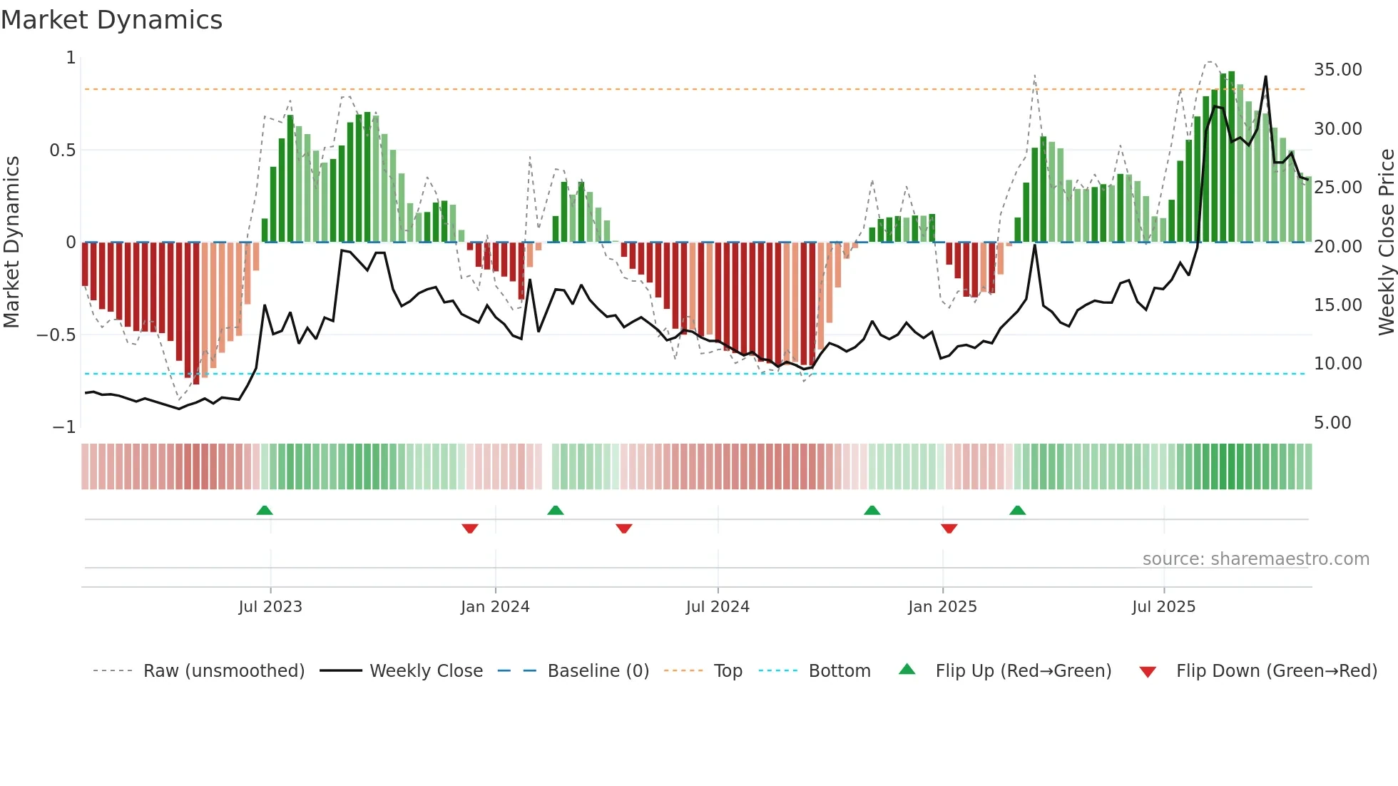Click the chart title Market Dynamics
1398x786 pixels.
coord(112,20)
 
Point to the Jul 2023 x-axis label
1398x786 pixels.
coord(270,607)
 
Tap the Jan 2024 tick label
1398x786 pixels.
coord(495,607)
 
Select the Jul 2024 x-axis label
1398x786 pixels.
coord(718,607)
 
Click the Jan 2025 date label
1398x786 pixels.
coord(942,607)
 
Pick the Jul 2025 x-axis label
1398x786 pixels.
coord(1163,607)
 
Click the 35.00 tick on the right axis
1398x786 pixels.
coord(1337,70)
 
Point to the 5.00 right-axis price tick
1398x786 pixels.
coord(1332,423)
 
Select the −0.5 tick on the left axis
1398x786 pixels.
coord(56,335)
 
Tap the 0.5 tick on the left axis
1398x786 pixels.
coord(62,150)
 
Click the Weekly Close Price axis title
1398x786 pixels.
coord(1386,243)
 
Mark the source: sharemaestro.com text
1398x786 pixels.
coord(1255,559)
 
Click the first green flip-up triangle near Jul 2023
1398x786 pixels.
coord(265,510)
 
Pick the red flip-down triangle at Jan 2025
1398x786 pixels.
coord(949,529)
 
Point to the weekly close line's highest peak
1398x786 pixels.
coord(1265,77)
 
